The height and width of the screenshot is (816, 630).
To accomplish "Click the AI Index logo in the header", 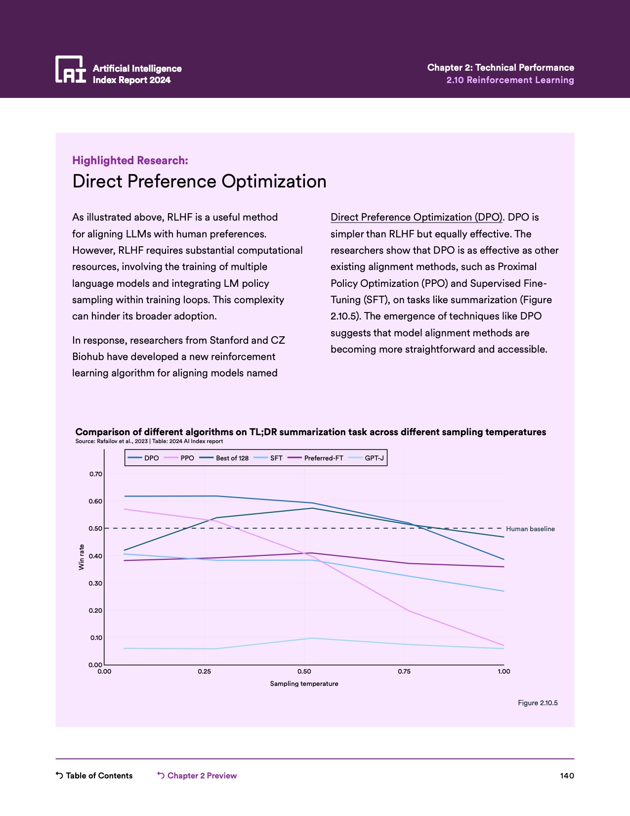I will click(71, 69).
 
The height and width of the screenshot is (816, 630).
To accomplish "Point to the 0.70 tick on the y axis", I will click(96, 474).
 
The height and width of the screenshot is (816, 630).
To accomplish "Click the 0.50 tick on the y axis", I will click(96, 529).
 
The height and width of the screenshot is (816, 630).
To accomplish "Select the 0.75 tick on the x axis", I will click(404, 672).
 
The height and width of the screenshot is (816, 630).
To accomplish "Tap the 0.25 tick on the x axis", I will click(204, 672).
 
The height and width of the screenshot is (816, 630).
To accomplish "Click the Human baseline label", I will click(530, 529).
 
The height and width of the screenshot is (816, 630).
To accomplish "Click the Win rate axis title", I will click(82, 557).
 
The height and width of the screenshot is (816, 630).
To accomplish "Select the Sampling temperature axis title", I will click(304, 684).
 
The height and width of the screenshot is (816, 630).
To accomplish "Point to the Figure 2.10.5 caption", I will click(538, 703).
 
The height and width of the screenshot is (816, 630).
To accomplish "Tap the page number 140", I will click(567, 775).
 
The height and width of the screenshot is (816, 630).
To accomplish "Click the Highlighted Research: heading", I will click(130, 160).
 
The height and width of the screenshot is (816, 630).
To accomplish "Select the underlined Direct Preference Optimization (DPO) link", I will click(416, 217).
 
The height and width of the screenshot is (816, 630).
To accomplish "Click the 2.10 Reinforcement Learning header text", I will click(510, 80).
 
